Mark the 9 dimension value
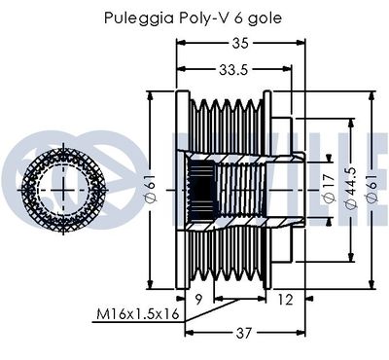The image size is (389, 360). pos(198,299)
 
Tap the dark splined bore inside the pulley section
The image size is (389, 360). pos(200,182)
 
